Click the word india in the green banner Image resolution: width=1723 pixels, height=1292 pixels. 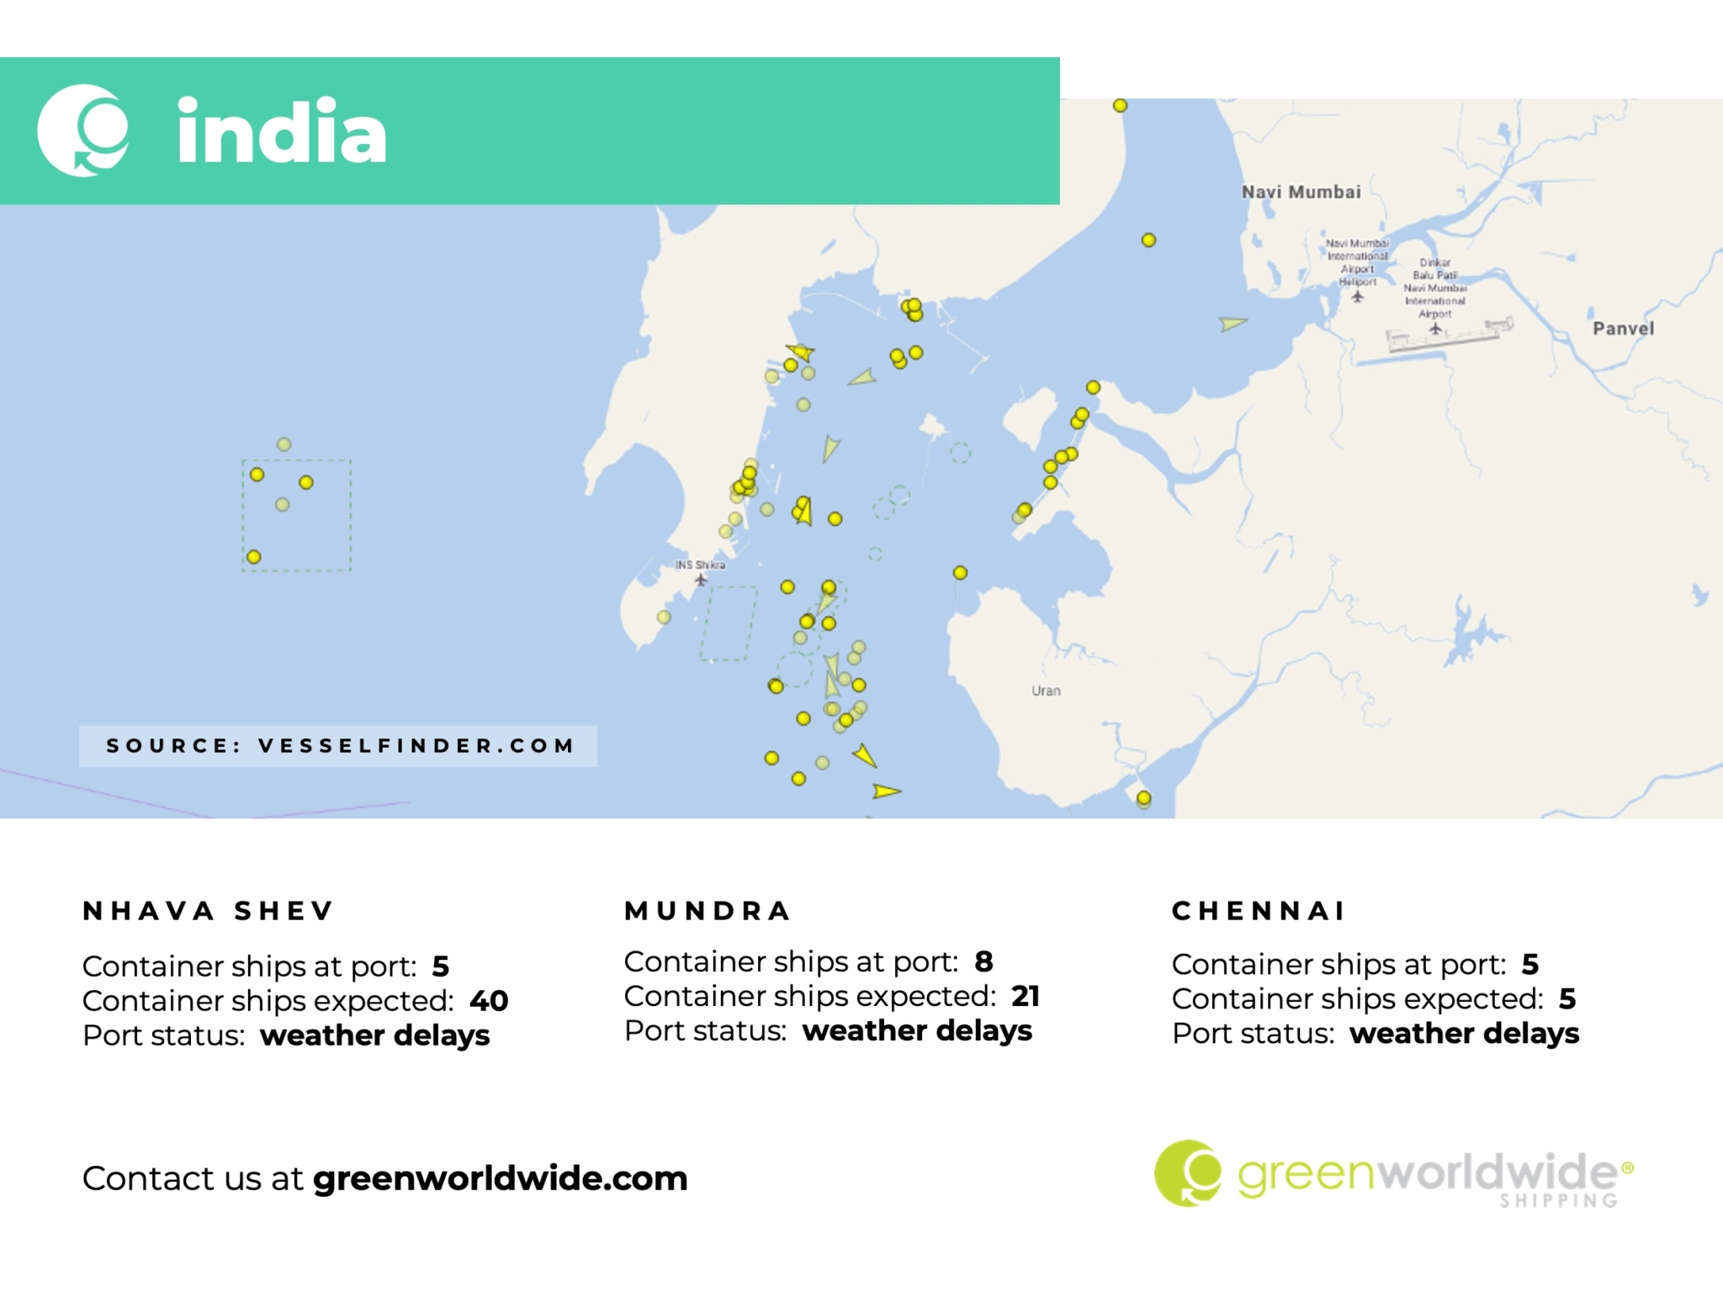coord(282,132)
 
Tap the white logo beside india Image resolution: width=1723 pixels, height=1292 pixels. coord(83,130)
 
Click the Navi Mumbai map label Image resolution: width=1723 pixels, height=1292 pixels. coord(1301,192)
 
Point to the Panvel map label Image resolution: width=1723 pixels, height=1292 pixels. coord(1623,328)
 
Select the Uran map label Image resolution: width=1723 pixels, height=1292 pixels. coord(1046,691)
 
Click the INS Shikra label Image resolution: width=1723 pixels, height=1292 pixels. coord(700,564)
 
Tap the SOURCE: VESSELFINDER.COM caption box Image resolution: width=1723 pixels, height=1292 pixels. coord(338,746)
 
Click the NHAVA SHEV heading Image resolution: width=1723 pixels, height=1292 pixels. coord(208,911)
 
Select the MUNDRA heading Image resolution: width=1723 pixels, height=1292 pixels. coord(707,911)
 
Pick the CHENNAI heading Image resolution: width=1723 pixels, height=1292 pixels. coord(1259,911)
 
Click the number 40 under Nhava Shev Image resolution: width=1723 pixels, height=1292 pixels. coord(489,1001)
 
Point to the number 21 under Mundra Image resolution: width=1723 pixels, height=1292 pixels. coord(1026,996)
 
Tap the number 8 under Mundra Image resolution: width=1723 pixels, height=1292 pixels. coord(983,961)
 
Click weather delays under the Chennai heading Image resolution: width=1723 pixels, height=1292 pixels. coord(1464,1033)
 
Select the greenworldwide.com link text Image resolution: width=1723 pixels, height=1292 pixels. coord(501,1178)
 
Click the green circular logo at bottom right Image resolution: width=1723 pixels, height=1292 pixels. coord(1187,1173)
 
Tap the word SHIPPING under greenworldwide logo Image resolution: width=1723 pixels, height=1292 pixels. coord(1559,1201)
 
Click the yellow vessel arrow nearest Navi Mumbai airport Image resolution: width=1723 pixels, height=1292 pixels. coord(1233,323)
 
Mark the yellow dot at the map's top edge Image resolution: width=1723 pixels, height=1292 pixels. coord(1120,106)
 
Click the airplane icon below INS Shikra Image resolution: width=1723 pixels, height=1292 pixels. coord(701,580)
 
